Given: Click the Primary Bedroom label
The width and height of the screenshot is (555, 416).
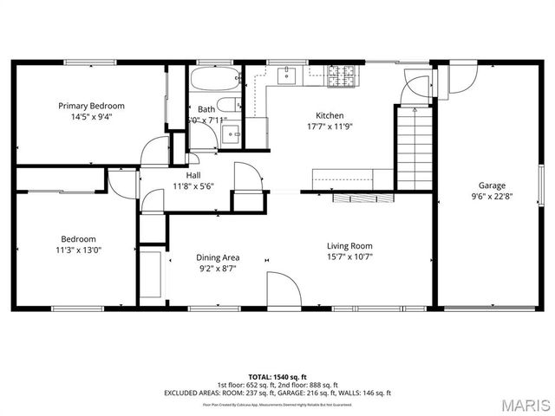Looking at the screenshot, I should coord(91,106).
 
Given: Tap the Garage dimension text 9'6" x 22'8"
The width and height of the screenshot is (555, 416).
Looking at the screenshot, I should coord(492,196).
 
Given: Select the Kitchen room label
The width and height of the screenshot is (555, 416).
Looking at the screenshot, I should coord(330,115).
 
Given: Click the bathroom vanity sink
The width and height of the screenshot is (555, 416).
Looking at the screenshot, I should coord(231,134).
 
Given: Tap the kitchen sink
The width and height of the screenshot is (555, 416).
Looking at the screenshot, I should coord(287,76).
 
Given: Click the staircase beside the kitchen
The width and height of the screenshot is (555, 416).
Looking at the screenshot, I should coord(414,147).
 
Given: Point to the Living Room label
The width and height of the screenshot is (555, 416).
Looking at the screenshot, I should coord(349,245).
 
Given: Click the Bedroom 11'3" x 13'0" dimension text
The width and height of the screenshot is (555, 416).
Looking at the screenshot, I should coord(78,250).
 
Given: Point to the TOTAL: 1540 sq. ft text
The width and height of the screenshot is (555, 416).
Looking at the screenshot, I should coord(277,377).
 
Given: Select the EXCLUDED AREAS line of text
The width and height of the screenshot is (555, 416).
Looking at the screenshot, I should coord(277,393).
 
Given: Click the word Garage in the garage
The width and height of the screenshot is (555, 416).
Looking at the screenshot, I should coord(492,185).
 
